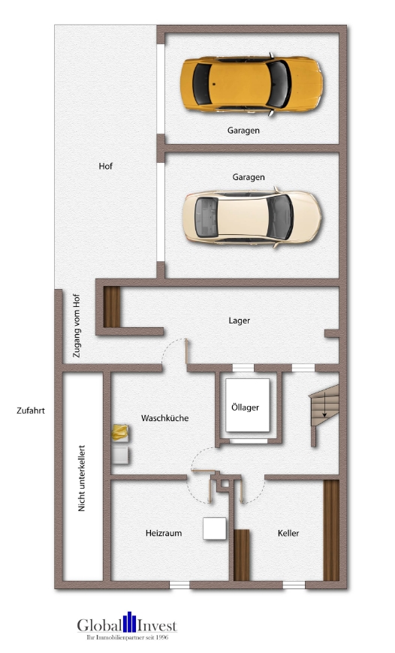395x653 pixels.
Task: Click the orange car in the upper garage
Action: click(252, 84)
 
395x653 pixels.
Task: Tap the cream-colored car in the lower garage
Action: click(252, 217)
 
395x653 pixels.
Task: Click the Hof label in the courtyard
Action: click(105, 166)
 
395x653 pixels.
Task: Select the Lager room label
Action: click(239, 320)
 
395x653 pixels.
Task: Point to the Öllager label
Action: click(245, 408)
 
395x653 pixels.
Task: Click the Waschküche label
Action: click(164, 418)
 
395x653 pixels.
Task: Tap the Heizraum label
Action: click(164, 533)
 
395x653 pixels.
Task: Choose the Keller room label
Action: click(288, 533)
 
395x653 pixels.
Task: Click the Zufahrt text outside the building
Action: click(31, 411)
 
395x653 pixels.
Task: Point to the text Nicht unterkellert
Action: click(82, 478)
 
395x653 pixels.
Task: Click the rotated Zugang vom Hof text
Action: click(77, 325)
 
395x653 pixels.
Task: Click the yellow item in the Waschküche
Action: click(120, 432)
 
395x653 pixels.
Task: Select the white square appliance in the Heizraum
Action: click(215, 528)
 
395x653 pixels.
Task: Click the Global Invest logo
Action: click(127, 624)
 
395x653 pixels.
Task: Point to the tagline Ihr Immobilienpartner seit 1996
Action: click(127, 637)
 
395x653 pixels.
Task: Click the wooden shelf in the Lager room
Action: click(112, 307)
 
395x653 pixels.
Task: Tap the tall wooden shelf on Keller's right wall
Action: click(331, 531)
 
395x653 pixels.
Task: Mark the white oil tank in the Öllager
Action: click(248, 405)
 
